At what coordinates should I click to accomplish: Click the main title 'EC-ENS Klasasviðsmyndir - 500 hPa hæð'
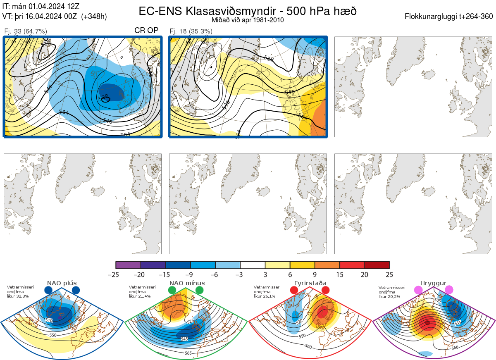point(248,11)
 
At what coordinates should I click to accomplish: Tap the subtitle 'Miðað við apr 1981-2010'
point(248,20)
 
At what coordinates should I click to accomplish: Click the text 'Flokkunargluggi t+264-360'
point(449,17)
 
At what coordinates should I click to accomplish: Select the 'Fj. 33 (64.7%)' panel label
point(26,31)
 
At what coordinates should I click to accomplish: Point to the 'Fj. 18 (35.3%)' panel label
point(191,31)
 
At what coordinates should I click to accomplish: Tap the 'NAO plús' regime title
point(62,283)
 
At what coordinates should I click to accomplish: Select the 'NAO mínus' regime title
point(187,283)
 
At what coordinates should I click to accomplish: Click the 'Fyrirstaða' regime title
point(310,283)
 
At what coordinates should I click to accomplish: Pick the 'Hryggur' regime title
point(434,283)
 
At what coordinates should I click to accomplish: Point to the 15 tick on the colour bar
point(339,274)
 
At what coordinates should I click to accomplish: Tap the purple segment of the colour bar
point(128,265)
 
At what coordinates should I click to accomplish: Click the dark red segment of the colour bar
point(377,265)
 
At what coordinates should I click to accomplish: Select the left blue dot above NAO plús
point(48,291)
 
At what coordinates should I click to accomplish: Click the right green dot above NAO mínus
point(200,291)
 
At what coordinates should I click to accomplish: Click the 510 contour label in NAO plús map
point(49,320)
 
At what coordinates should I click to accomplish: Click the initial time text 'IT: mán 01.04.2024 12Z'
point(41,7)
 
